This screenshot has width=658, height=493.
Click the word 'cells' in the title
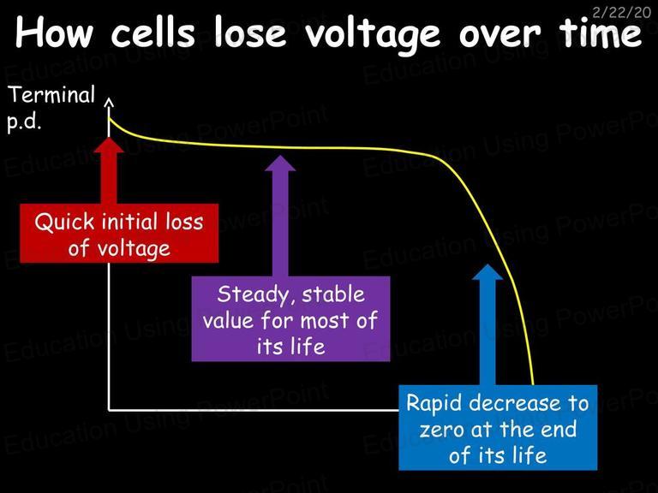[153, 33]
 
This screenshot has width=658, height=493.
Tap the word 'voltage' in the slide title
[372, 37]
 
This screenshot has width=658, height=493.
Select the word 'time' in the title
[601, 33]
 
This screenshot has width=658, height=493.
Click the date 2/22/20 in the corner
[621, 12]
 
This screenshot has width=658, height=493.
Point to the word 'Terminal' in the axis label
[51, 94]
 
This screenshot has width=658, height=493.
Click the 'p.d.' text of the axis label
[24, 122]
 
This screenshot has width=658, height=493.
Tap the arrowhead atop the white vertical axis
[109, 103]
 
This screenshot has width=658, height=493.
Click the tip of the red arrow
[109, 137]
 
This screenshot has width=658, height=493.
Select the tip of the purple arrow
[280, 156]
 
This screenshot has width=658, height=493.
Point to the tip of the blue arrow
[488, 264]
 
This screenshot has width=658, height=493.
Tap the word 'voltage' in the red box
[134, 249]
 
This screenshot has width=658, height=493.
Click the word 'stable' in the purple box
[333, 294]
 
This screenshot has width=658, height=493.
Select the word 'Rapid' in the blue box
[434, 404]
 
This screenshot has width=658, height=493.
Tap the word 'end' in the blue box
[558, 429]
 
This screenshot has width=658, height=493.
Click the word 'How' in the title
[54, 33]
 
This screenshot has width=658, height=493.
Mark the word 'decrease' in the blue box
[515, 403]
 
